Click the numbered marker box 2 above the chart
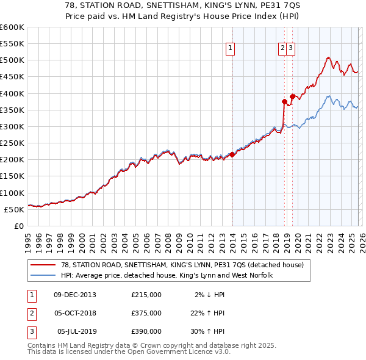(x=283, y=49)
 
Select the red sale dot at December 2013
(x=232, y=154)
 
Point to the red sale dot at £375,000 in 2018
(x=284, y=101)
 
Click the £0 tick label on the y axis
(x=19, y=226)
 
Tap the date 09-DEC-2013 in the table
(x=75, y=295)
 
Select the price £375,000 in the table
(x=146, y=313)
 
